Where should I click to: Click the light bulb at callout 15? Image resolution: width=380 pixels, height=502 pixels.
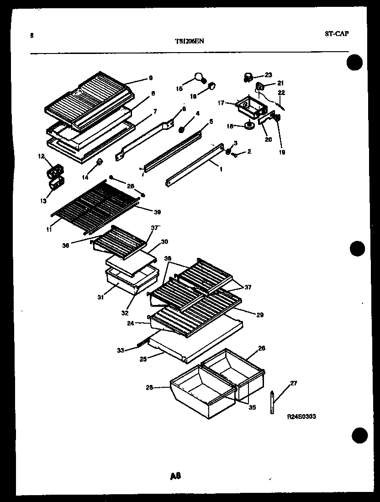click(x=200, y=77)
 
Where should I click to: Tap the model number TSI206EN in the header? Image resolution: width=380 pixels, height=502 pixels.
click(x=189, y=41)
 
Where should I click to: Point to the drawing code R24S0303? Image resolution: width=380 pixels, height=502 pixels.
click(x=301, y=417)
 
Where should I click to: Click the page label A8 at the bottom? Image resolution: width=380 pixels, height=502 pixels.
click(x=175, y=476)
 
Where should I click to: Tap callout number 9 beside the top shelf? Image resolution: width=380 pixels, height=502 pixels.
click(x=150, y=78)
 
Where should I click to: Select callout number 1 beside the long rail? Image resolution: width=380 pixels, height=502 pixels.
click(x=221, y=169)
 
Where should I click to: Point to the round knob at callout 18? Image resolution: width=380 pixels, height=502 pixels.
click(x=250, y=126)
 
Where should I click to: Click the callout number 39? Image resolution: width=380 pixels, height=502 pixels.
click(x=157, y=212)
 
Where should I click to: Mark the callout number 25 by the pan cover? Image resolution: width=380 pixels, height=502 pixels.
click(x=143, y=359)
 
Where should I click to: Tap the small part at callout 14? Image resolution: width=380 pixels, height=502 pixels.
click(x=99, y=161)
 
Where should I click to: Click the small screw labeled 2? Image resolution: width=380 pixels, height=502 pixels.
click(x=235, y=155)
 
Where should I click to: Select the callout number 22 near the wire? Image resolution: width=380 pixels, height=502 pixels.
click(x=281, y=93)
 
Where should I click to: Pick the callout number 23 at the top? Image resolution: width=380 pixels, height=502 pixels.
click(x=268, y=75)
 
